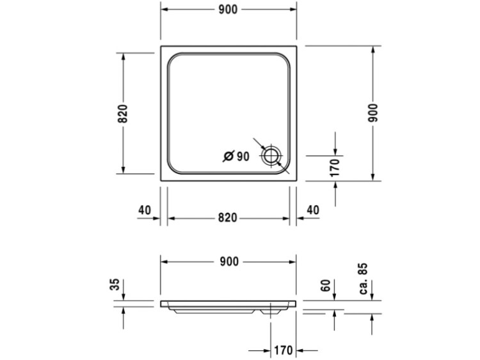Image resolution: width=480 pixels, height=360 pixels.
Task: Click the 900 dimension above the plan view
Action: point(228,10)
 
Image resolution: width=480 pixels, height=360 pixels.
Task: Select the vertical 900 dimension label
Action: point(373,113)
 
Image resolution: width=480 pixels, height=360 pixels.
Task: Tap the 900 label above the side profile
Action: point(229,262)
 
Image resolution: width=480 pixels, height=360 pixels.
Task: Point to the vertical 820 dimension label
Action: point(123,113)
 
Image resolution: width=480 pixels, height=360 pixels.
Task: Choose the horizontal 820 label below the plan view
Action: point(228,218)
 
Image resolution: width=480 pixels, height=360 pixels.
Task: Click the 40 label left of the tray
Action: point(145,210)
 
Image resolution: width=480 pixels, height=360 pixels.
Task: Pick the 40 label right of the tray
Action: point(312,210)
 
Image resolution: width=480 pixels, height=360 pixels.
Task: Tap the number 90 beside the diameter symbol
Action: point(243,156)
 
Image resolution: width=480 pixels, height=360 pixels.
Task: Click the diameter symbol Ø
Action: point(228,156)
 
